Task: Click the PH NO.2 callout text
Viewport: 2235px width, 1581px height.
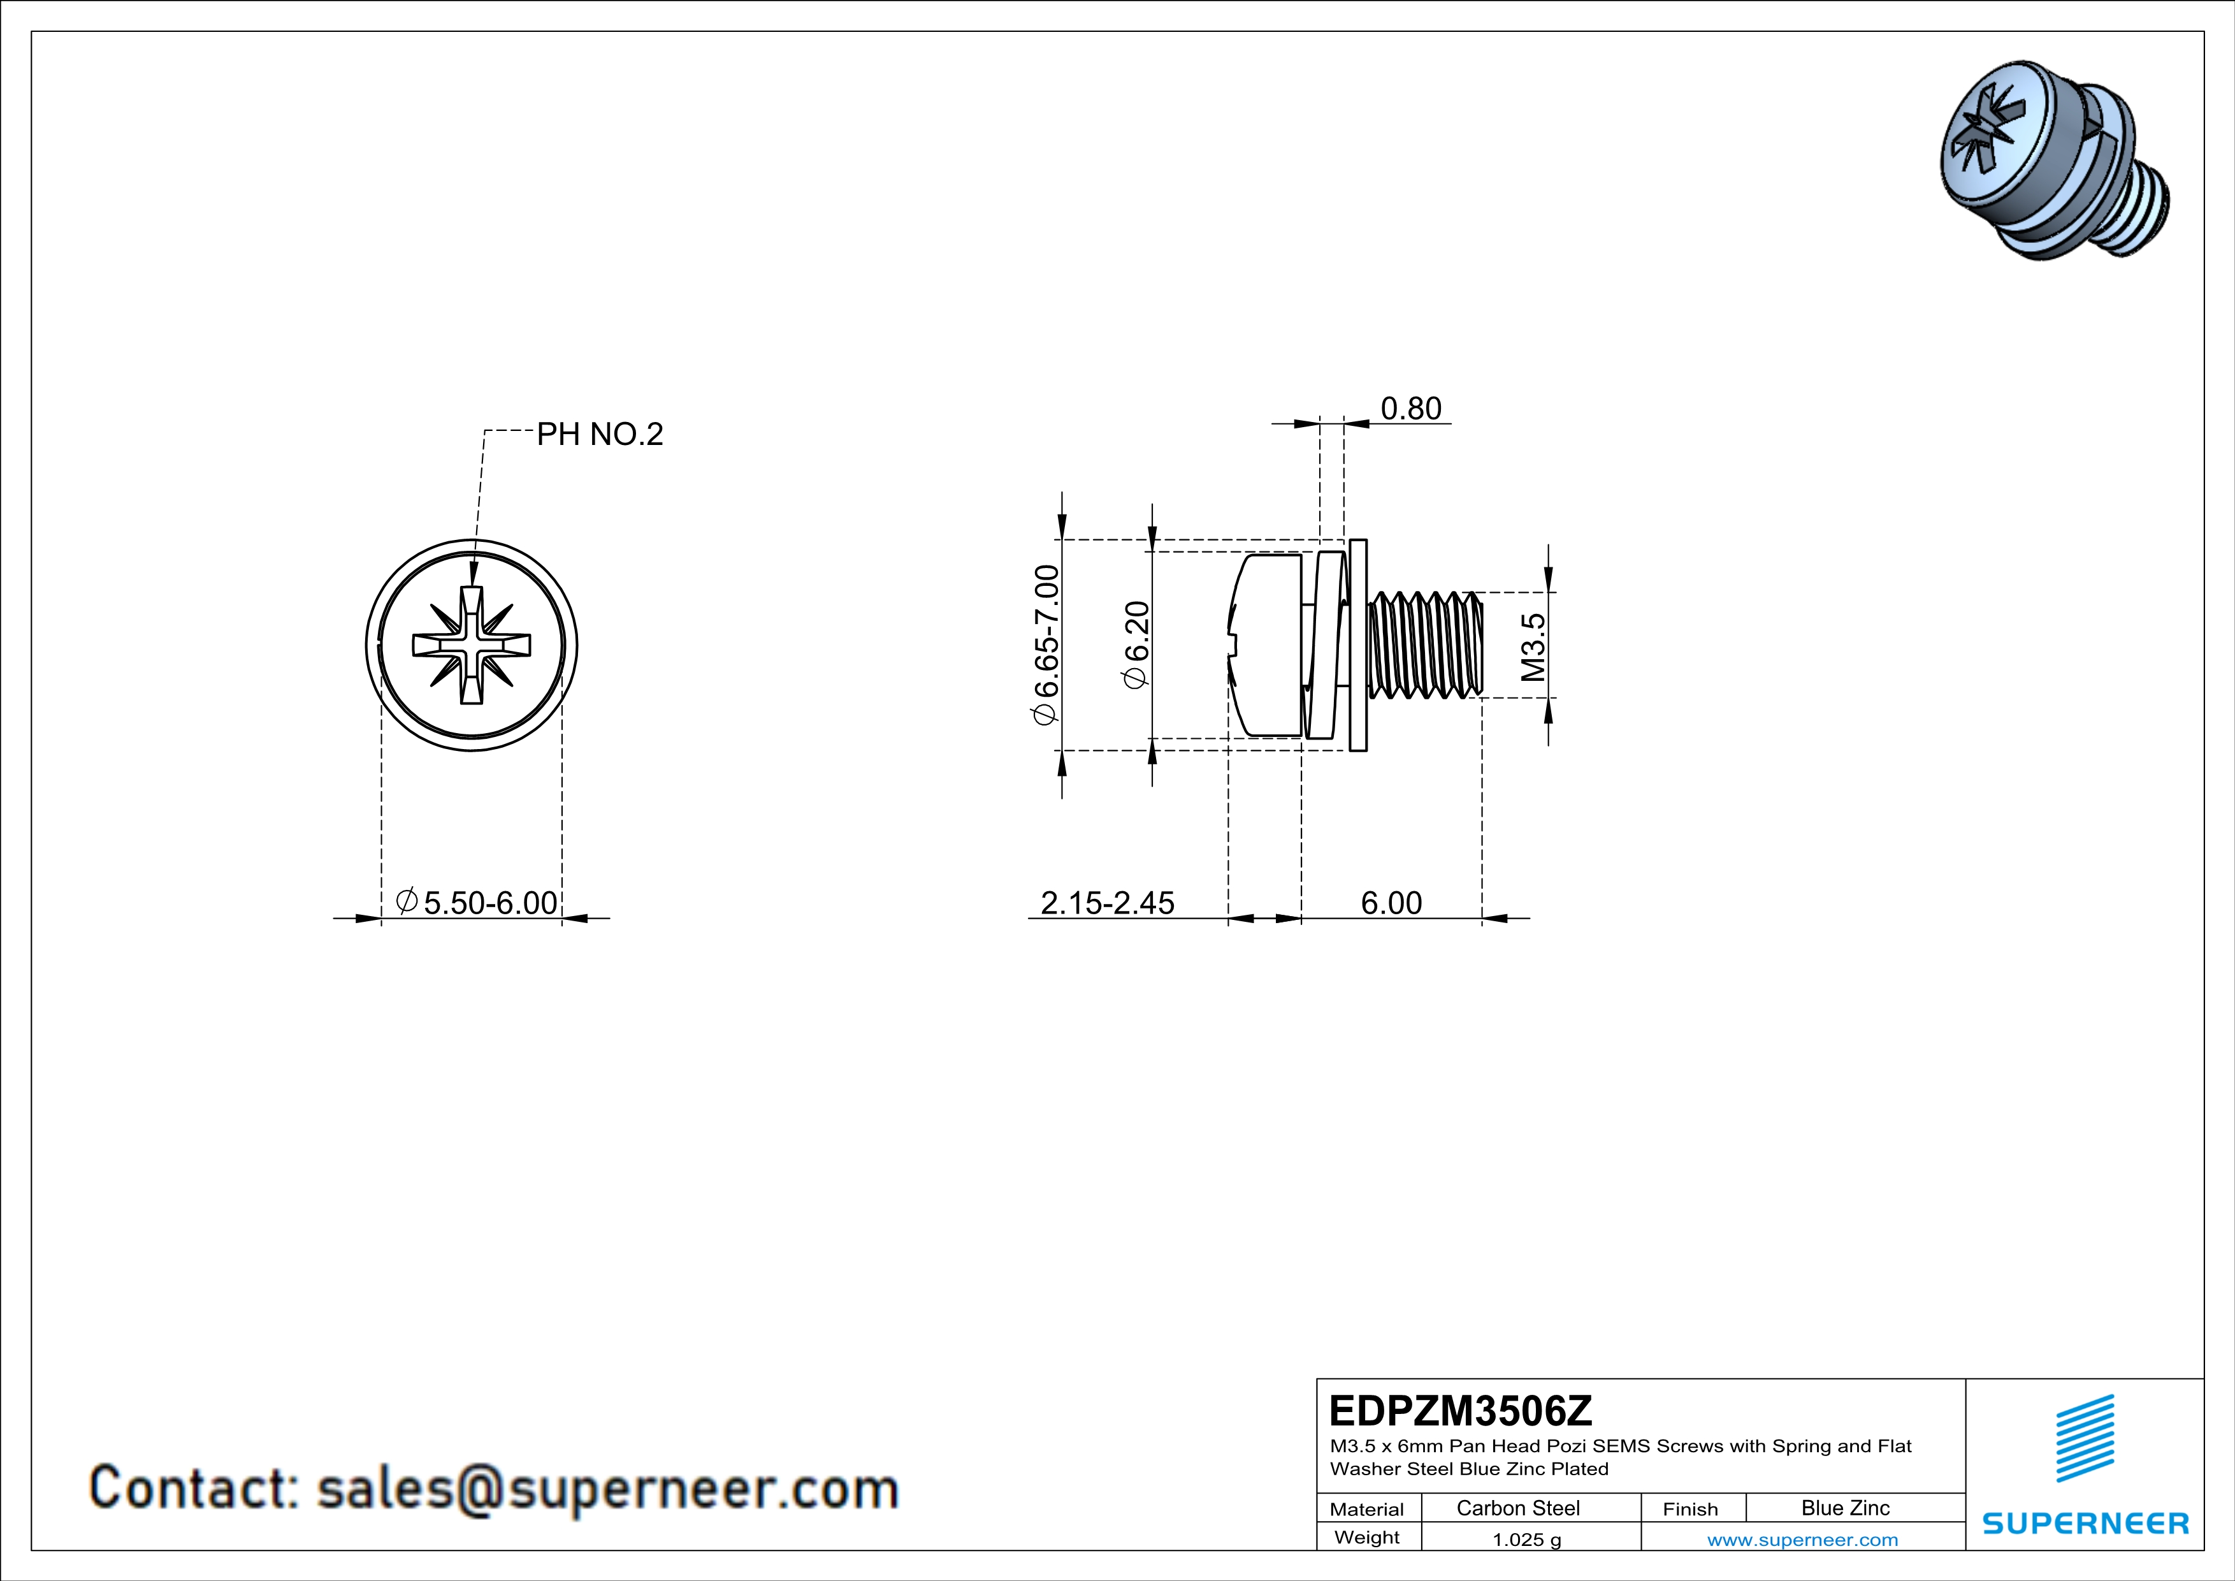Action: pos(600,434)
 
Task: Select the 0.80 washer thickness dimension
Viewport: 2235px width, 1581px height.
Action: pos(1410,409)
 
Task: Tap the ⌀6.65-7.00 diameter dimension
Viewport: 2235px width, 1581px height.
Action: pos(1045,645)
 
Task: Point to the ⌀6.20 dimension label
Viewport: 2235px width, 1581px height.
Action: pos(1136,645)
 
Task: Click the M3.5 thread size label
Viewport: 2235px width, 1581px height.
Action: pos(1532,646)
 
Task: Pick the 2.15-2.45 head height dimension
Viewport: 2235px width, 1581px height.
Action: pos(1107,903)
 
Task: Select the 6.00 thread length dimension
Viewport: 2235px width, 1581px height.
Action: pos(1391,903)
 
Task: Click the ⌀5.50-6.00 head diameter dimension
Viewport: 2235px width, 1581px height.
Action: pos(477,903)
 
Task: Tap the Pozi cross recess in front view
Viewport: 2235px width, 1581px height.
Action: pos(472,645)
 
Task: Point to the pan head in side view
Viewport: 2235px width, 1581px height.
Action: pos(1266,645)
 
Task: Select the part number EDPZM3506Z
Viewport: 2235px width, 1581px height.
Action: pos(1460,1411)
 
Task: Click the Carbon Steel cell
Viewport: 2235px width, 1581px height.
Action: pos(1517,1508)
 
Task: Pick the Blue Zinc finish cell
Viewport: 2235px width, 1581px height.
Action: pos(1844,1508)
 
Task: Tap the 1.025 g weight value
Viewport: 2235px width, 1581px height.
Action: pos(1526,1539)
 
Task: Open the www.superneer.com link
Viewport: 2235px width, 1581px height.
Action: pos(1802,1539)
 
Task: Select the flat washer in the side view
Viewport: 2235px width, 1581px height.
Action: pos(1358,645)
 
